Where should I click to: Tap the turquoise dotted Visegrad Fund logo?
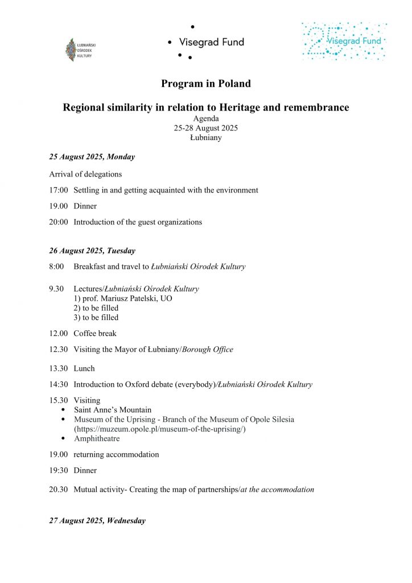pyautogui.click(x=344, y=42)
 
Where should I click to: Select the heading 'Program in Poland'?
pyautogui.click(x=206, y=84)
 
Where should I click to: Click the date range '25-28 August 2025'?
pyautogui.click(x=206, y=128)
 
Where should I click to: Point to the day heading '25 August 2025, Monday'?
pyautogui.click(x=92, y=157)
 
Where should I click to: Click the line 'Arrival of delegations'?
pyautogui.click(x=85, y=174)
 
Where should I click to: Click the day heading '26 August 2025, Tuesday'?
pyautogui.click(x=92, y=251)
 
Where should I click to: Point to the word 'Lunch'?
pyautogui.click(x=84, y=368)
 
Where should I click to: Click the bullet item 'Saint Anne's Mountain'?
pyautogui.click(x=113, y=410)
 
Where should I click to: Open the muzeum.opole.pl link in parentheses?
pyautogui.click(x=159, y=429)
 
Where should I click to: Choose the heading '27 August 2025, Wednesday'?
pyautogui.click(x=97, y=520)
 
